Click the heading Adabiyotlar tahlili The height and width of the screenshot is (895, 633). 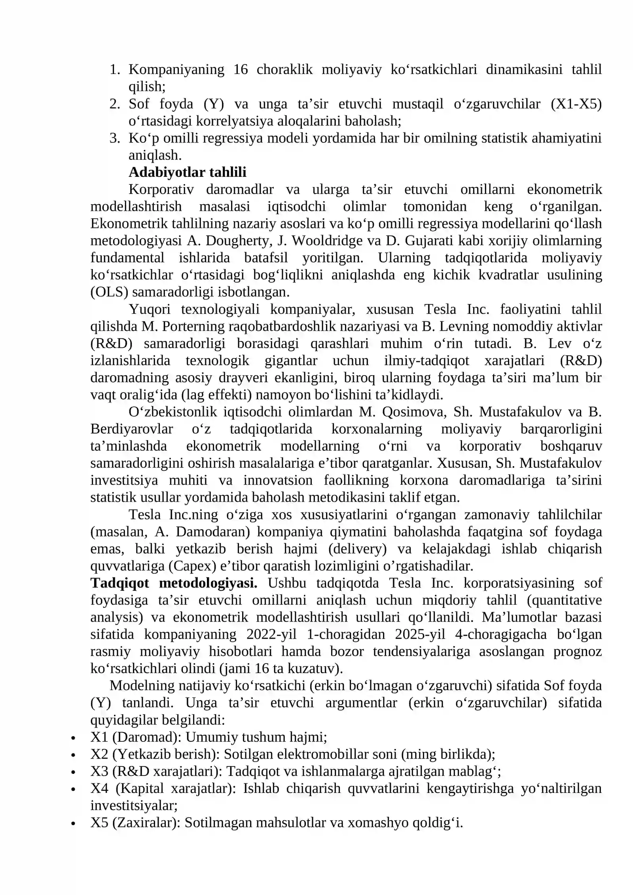tap(187, 172)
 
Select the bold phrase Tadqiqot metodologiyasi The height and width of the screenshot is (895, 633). tap(174, 583)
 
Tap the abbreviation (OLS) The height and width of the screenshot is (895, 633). tap(110, 292)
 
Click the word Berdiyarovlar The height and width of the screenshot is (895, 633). tap(132, 429)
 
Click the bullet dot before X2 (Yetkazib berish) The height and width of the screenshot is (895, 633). tap(73, 755)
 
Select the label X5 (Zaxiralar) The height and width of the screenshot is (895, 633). tap(135, 823)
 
